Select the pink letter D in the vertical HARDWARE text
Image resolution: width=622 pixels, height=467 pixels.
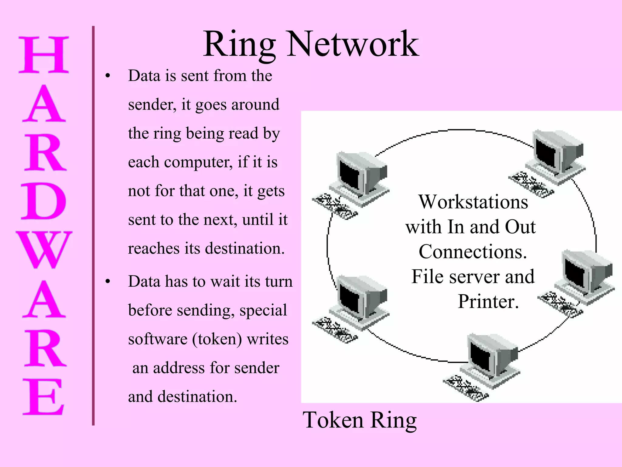pyautogui.click(x=43, y=201)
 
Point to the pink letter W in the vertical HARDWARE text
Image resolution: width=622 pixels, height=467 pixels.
pyautogui.click(x=44, y=250)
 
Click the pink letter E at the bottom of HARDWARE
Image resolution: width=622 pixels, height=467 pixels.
pyautogui.click(x=43, y=397)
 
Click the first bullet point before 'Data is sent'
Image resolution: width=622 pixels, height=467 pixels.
pyautogui.click(x=108, y=76)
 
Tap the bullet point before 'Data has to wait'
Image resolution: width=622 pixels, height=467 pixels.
pyautogui.click(x=108, y=282)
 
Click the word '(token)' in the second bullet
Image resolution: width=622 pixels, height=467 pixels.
pyautogui.click(x=217, y=339)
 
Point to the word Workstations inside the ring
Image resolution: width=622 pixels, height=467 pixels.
pyautogui.click(x=473, y=202)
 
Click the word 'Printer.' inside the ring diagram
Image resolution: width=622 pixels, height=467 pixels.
pyautogui.click(x=488, y=302)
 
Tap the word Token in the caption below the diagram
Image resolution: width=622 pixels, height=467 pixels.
pyautogui.click(x=333, y=420)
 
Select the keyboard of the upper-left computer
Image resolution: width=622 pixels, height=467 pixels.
pyautogui.click(x=335, y=206)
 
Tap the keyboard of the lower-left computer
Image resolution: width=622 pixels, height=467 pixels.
pyautogui.click(x=335, y=330)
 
